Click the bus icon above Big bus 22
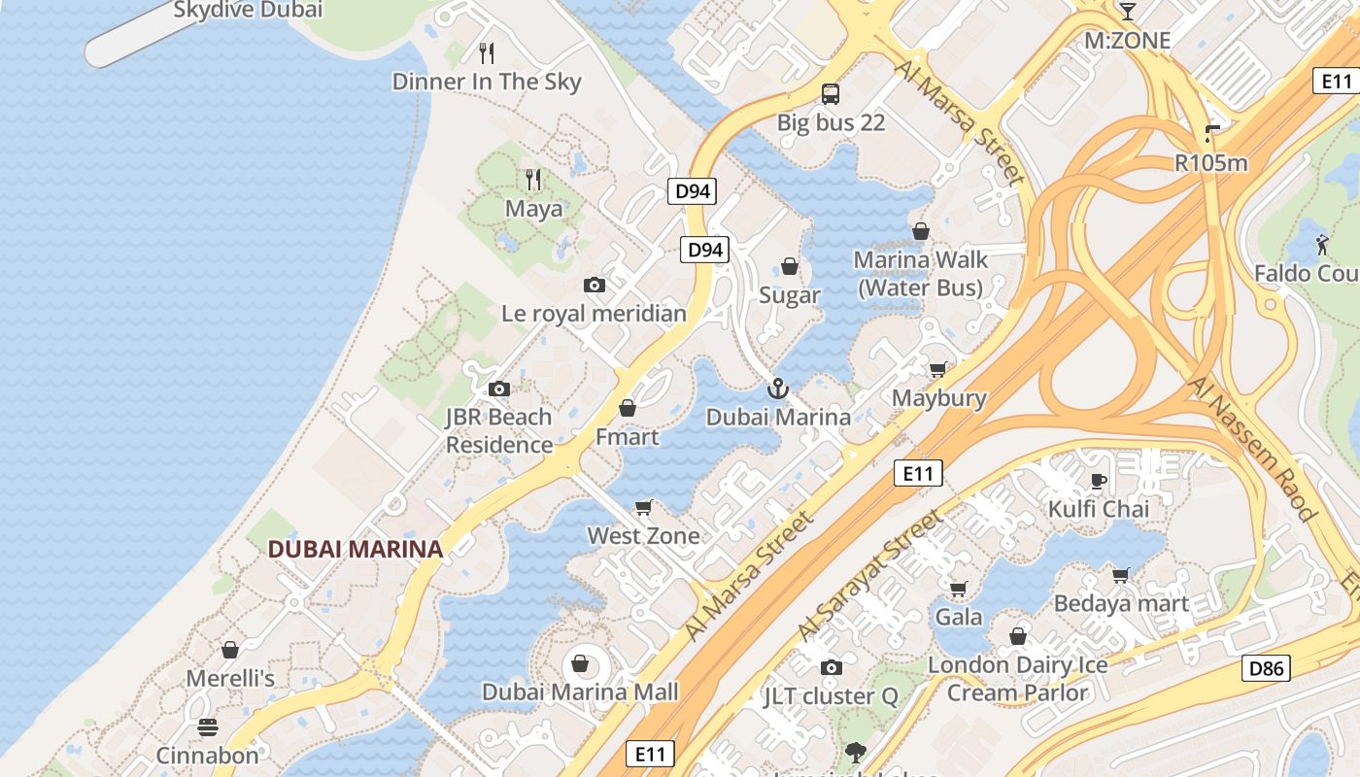click(830, 94)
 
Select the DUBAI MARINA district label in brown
click(355, 549)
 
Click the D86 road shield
click(1266, 668)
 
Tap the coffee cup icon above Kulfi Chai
click(1099, 481)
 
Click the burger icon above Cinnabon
click(208, 727)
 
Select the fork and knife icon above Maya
click(533, 180)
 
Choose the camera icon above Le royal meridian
click(595, 286)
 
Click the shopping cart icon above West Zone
click(643, 508)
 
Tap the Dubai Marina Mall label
click(580, 693)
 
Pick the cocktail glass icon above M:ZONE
click(1127, 12)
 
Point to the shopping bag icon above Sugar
click(790, 267)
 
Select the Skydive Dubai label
click(248, 11)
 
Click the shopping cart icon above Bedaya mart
click(1121, 575)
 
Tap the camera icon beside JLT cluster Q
click(831, 667)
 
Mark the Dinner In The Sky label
click(486, 82)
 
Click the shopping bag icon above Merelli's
click(230, 650)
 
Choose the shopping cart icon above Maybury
click(937, 370)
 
